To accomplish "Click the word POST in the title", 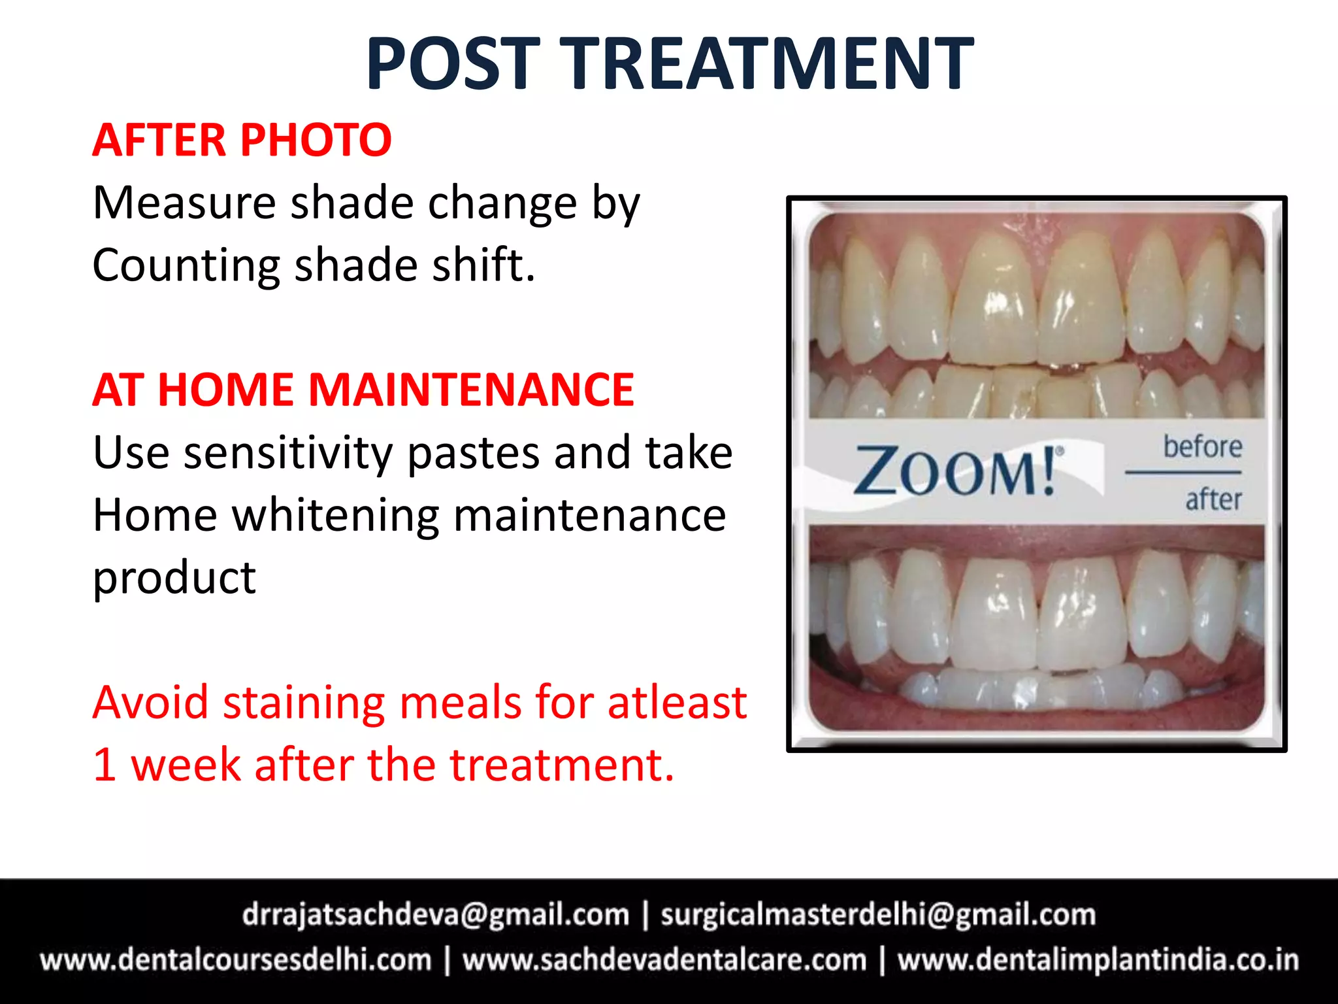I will pyautogui.click(x=453, y=63).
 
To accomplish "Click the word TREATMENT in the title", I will pyautogui.click(x=768, y=63).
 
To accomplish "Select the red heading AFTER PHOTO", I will pyautogui.click(x=242, y=140).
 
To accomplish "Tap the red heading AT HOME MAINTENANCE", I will pyautogui.click(x=363, y=390).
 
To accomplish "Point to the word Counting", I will pyautogui.click(x=186, y=266).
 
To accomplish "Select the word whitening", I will pyautogui.click(x=336, y=515).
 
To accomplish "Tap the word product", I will pyautogui.click(x=174, y=578).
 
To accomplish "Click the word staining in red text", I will pyautogui.click(x=304, y=703).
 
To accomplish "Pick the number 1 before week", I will pyautogui.click(x=105, y=765).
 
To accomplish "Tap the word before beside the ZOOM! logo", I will pyautogui.click(x=1202, y=447).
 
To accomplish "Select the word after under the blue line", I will pyautogui.click(x=1213, y=499).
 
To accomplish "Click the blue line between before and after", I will pyautogui.click(x=1183, y=471).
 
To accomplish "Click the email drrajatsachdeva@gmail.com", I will pyautogui.click(x=436, y=914).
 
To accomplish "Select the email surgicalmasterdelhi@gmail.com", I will pyautogui.click(x=878, y=914).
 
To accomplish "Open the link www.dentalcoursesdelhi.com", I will pyautogui.click(x=236, y=960).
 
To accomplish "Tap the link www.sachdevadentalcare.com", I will pyautogui.click(x=664, y=960).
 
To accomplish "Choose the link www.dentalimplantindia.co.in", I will pyautogui.click(x=1098, y=960).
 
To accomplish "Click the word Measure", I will pyautogui.click(x=184, y=203).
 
